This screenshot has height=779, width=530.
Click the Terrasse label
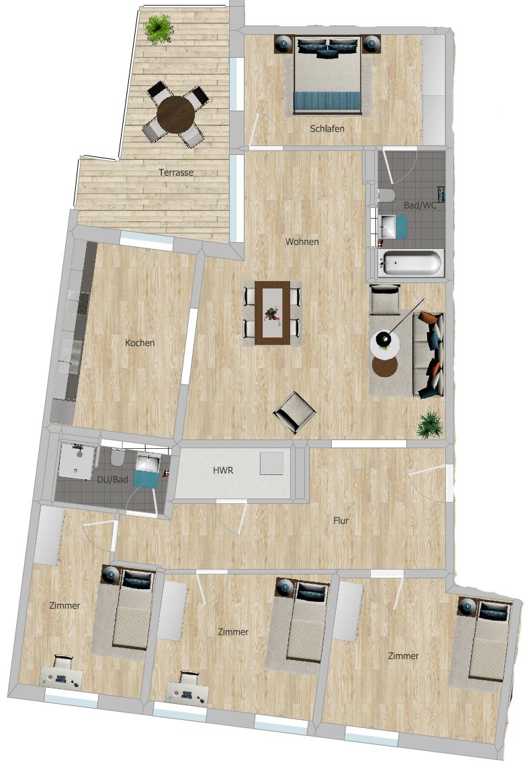[x=176, y=172]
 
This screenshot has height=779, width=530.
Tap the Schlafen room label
[x=327, y=129]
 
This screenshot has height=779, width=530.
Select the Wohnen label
[x=302, y=242]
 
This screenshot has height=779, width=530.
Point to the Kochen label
[x=140, y=343]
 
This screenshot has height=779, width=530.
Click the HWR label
[x=223, y=470]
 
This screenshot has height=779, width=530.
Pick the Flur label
[x=341, y=521]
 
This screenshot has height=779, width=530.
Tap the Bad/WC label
[x=420, y=205]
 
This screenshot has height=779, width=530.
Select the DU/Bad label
[x=112, y=480]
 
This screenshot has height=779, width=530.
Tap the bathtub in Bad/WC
[x=409, y=263]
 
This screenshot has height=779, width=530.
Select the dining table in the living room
[x=272, y=313]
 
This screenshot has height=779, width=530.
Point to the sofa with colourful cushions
[x=429, y=354]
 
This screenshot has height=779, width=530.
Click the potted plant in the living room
[x=429, y=425]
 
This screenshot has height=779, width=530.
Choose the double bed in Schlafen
[x=327, y=74]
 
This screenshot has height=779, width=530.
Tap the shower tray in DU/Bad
[x=76, y=460]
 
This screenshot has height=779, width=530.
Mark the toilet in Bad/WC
[x=386, y=195]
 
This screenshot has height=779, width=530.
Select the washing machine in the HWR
[x=271, y=463]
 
